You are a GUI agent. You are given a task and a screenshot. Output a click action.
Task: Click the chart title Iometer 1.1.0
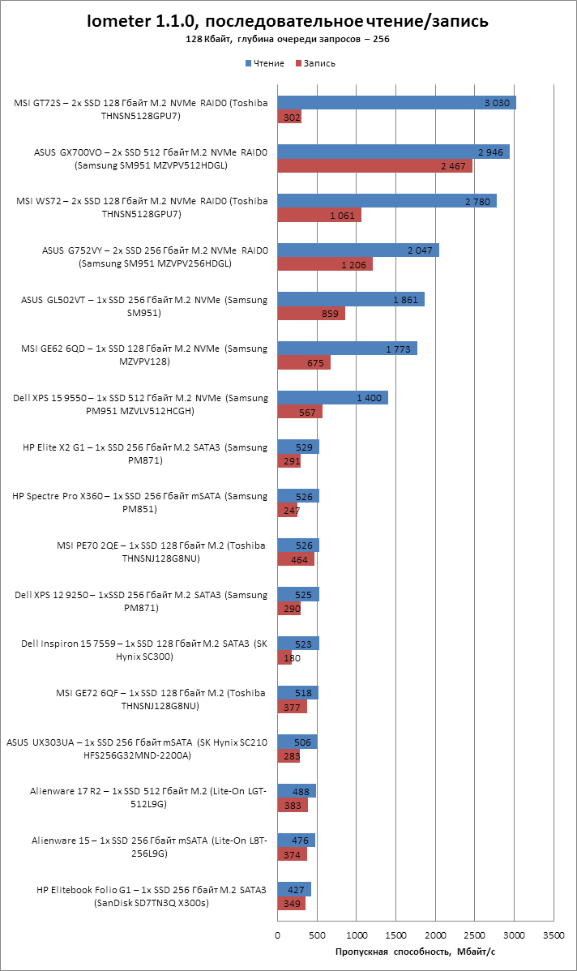(x=288, y=22)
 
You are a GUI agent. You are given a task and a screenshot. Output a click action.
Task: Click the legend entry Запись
(x=316, y=63)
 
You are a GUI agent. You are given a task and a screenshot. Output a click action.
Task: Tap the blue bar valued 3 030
(x=396, y=102)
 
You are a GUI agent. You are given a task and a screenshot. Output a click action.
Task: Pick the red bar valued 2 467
(x=374, y=166)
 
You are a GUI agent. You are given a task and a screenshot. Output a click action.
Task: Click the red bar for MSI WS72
(x=319, y=216)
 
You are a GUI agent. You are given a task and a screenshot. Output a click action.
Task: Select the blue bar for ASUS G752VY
(x=358, y=250)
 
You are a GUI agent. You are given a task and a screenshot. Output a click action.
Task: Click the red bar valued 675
(x=304, y=363)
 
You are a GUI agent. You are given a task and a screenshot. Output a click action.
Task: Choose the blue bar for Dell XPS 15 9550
(x=332, y=398)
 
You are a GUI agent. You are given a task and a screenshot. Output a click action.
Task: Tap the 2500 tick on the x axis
(x=475, y=935)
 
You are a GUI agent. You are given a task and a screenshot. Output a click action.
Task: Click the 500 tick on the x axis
(x=317, y=935)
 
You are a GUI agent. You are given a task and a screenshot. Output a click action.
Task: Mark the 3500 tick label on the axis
(x=553, y=935)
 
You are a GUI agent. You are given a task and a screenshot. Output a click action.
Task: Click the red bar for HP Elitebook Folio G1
(x=291, y=904)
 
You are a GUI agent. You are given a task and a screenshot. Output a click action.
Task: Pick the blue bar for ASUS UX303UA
(x=297, y=742)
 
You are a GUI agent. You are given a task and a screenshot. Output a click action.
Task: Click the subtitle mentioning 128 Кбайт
(x=288, y=39)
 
